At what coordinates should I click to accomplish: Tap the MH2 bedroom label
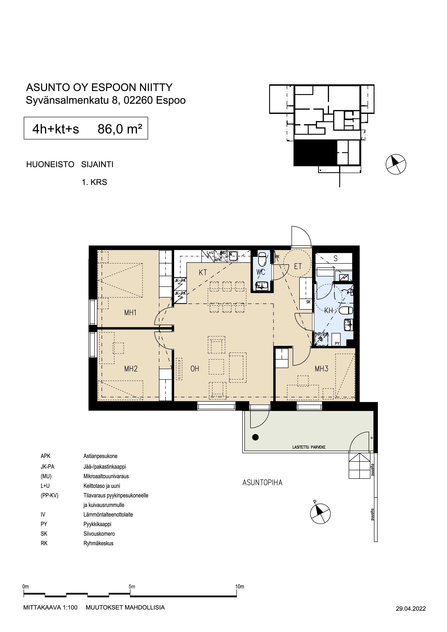tap(131, 369)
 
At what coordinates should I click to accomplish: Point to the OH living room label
tap(194, 369)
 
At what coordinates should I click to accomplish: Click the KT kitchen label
tap(203, 273)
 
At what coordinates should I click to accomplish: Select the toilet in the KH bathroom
tap(346, 310)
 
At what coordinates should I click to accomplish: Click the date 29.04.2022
tap(411, 609)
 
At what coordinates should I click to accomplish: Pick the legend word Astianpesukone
tap(100, 456)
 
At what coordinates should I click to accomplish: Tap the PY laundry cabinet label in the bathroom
tap(337, 344)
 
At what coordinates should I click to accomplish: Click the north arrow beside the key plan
tap(396, 164)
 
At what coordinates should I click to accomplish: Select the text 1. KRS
tap(94, 182)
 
